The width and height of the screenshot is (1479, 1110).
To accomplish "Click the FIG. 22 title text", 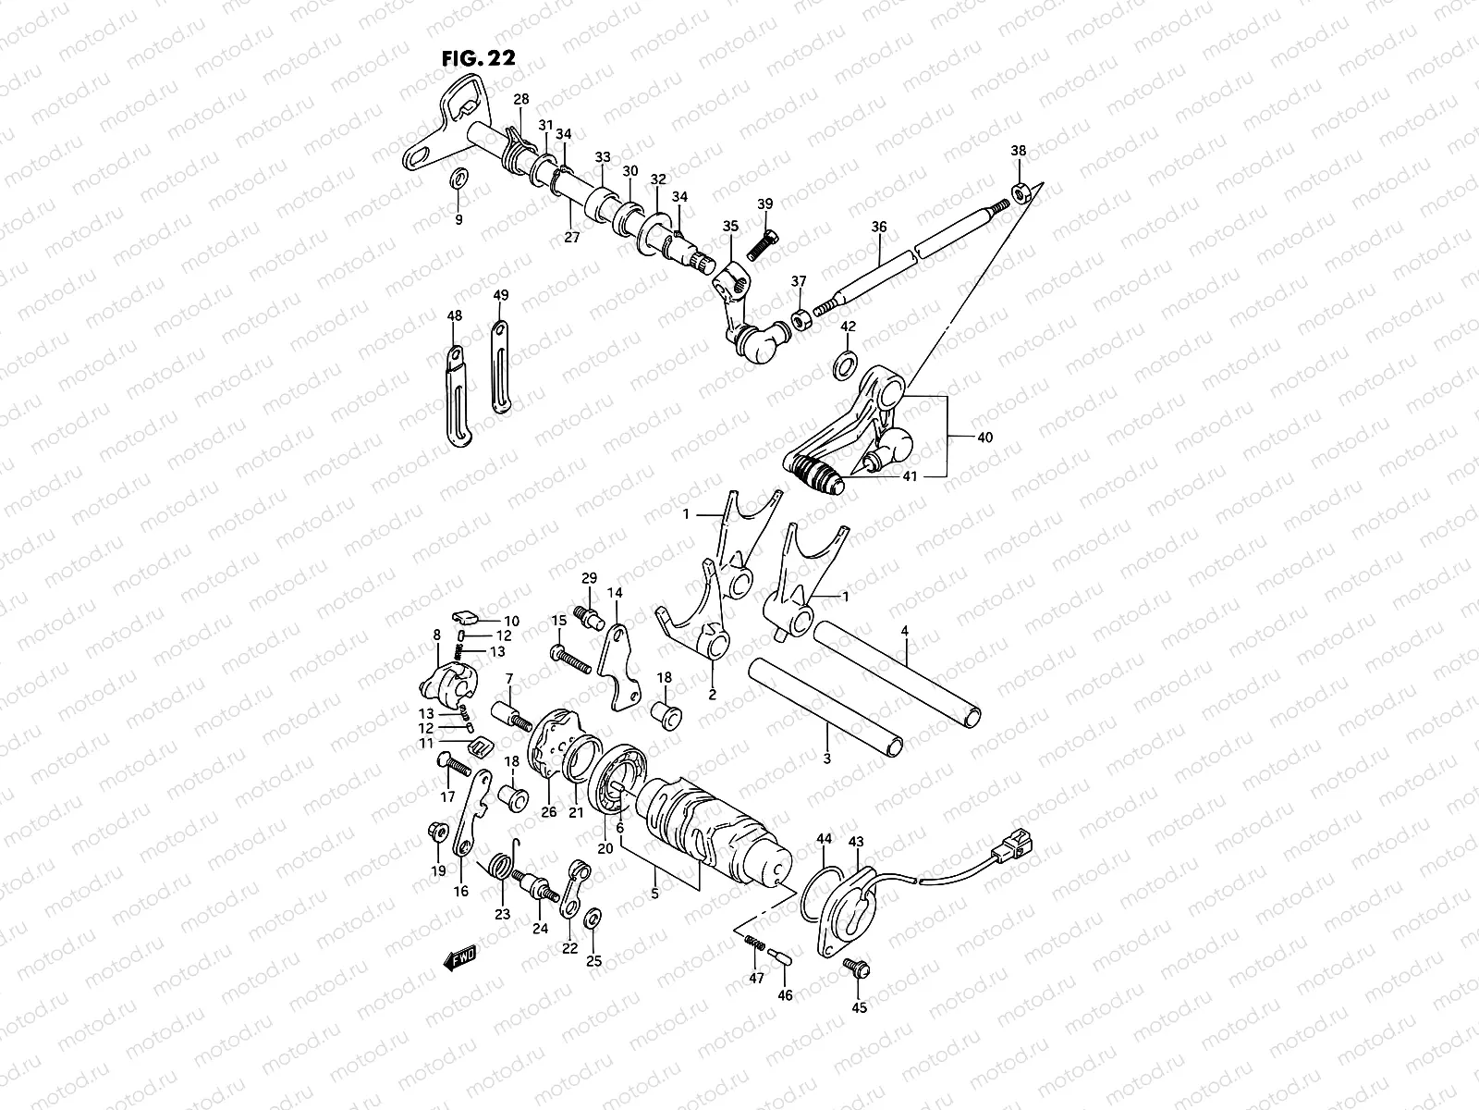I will click(x=479, y=56).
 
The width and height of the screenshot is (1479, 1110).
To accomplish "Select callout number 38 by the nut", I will click(x=1018, y=151).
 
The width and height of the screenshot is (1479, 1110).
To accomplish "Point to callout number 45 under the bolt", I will click(x=860, y=1007).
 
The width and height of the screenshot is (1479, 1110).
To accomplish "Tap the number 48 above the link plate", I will click(x=454, y=316).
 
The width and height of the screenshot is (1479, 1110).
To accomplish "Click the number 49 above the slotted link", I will click(x=500, y=296).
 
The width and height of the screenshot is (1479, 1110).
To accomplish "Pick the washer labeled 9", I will click(x=458, y=177).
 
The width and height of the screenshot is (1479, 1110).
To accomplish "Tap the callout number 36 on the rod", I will click(x=878, y=228).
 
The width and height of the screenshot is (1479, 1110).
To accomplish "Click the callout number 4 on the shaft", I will click(x=905, y=631).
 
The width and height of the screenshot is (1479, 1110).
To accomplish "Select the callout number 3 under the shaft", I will click(x=825, y=758).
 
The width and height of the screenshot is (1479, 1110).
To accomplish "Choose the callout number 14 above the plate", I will click(x=613, y=592).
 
